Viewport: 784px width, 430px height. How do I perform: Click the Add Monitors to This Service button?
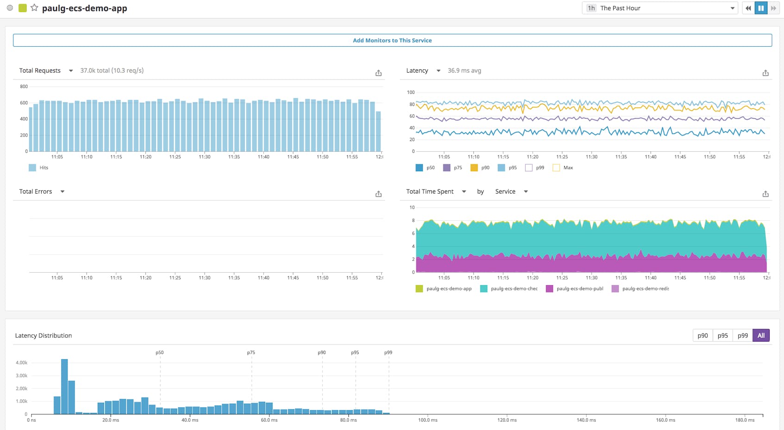tap(392, 40)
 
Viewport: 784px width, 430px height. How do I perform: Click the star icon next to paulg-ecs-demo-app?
tap(34, 8)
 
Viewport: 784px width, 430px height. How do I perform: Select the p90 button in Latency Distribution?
tap(702, 335)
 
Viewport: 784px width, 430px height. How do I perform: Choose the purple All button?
tap(760, 335)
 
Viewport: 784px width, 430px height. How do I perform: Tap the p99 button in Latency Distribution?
tap(742, 335)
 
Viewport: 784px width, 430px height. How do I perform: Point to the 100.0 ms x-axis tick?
tap(428, 420)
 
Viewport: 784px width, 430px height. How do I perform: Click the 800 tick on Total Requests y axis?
tap(24, 87)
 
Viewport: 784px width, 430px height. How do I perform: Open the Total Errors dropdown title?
tap(42, 191)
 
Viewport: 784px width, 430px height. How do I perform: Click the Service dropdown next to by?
tap(511, 191)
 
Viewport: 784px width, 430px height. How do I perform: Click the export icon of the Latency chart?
tap(765, 73)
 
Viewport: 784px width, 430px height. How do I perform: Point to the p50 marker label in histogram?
tap(160, 352)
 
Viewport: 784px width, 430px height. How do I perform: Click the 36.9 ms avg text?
tap(464, 70)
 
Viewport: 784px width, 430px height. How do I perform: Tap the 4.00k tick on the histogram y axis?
tap(21, 362)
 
